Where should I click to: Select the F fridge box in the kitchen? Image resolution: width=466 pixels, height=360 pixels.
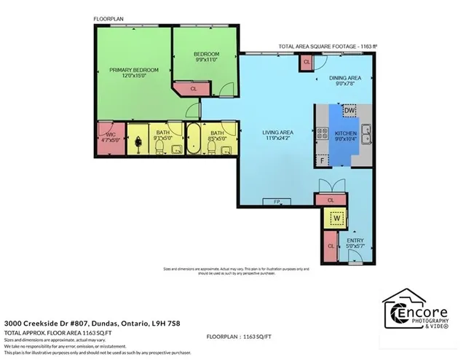coord(322,160)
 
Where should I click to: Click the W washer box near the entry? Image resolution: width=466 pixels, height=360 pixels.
coord(336,217)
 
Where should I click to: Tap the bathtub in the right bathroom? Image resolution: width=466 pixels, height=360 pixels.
coord(194,138)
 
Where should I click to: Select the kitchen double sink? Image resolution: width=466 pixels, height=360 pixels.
coord(368,133)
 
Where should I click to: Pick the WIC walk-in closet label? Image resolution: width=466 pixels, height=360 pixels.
coord(110,133)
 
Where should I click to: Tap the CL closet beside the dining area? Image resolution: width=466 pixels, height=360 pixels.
coord(307,63)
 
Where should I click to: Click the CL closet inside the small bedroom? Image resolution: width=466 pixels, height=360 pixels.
coord(193,89)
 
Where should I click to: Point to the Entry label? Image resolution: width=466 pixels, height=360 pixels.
coord(355,241)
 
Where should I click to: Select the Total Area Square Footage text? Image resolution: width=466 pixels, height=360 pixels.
coord(317,47)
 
